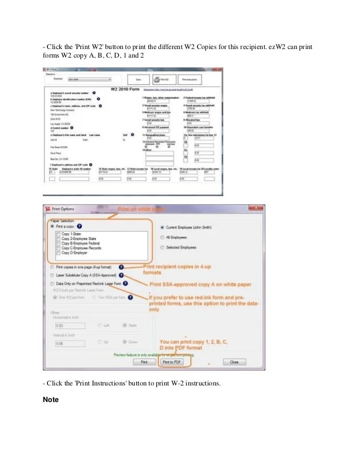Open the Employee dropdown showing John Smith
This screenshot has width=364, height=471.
pyautogui.click(x=89, y=79)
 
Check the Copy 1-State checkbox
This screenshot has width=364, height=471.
pyautogui.click(x=58, y=234)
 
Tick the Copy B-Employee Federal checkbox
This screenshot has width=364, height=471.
pyautogui.click(x=58, y=243)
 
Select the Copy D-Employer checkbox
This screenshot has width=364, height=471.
pyautogui.click(x=58, y=253)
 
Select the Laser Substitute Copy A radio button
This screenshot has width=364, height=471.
pyautogui.click(x=52, y=274)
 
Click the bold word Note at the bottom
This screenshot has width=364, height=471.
pyautogui.click(x=51, y=399)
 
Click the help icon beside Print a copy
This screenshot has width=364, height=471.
pyautogui.click(x=79, y=226)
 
